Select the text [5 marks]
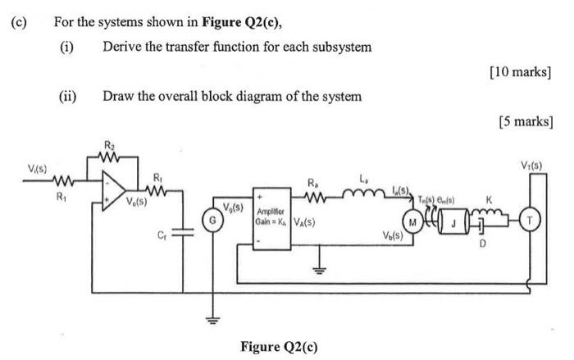[x=526, y=121]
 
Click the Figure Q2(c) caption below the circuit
[x=277, y=345]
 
